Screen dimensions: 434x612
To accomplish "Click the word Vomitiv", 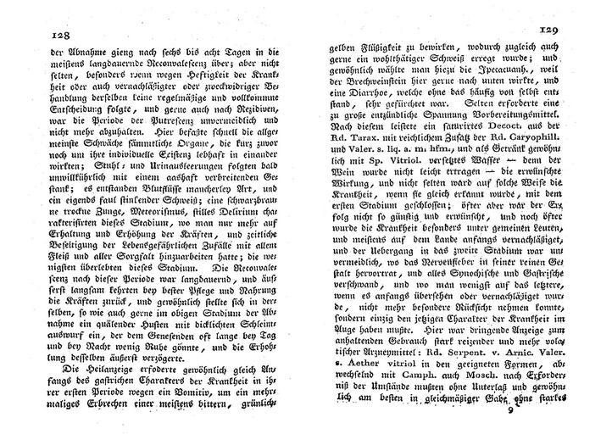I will (209, 403).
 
